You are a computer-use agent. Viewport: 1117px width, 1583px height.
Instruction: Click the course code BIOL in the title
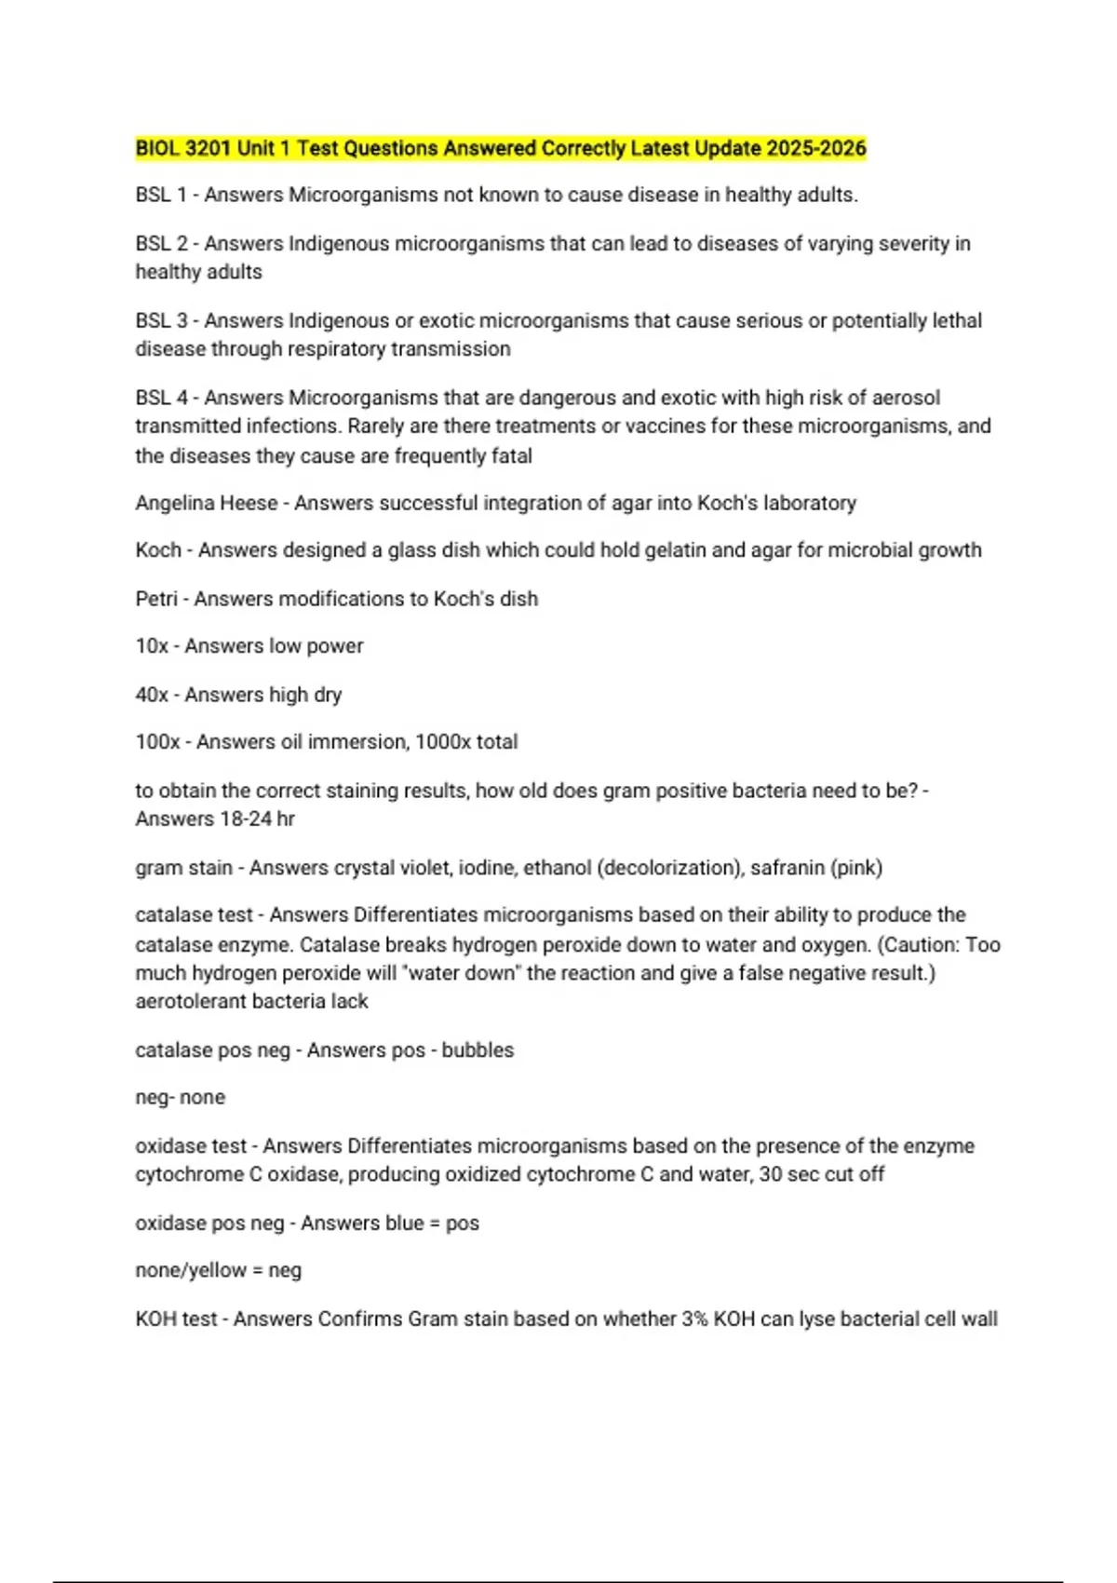(157, 148)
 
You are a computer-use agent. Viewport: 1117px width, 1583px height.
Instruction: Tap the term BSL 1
(161, 195)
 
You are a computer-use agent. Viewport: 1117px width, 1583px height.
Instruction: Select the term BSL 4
(161, 398)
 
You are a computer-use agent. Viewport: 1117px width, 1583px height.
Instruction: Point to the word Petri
(155, 599)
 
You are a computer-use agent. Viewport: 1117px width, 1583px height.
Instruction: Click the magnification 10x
(152, 646)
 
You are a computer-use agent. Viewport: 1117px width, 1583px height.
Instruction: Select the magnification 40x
(152, 695)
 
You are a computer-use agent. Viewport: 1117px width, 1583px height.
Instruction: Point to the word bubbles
(478, 1050)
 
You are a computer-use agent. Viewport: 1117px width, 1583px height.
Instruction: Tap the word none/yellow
(191, 1270)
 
